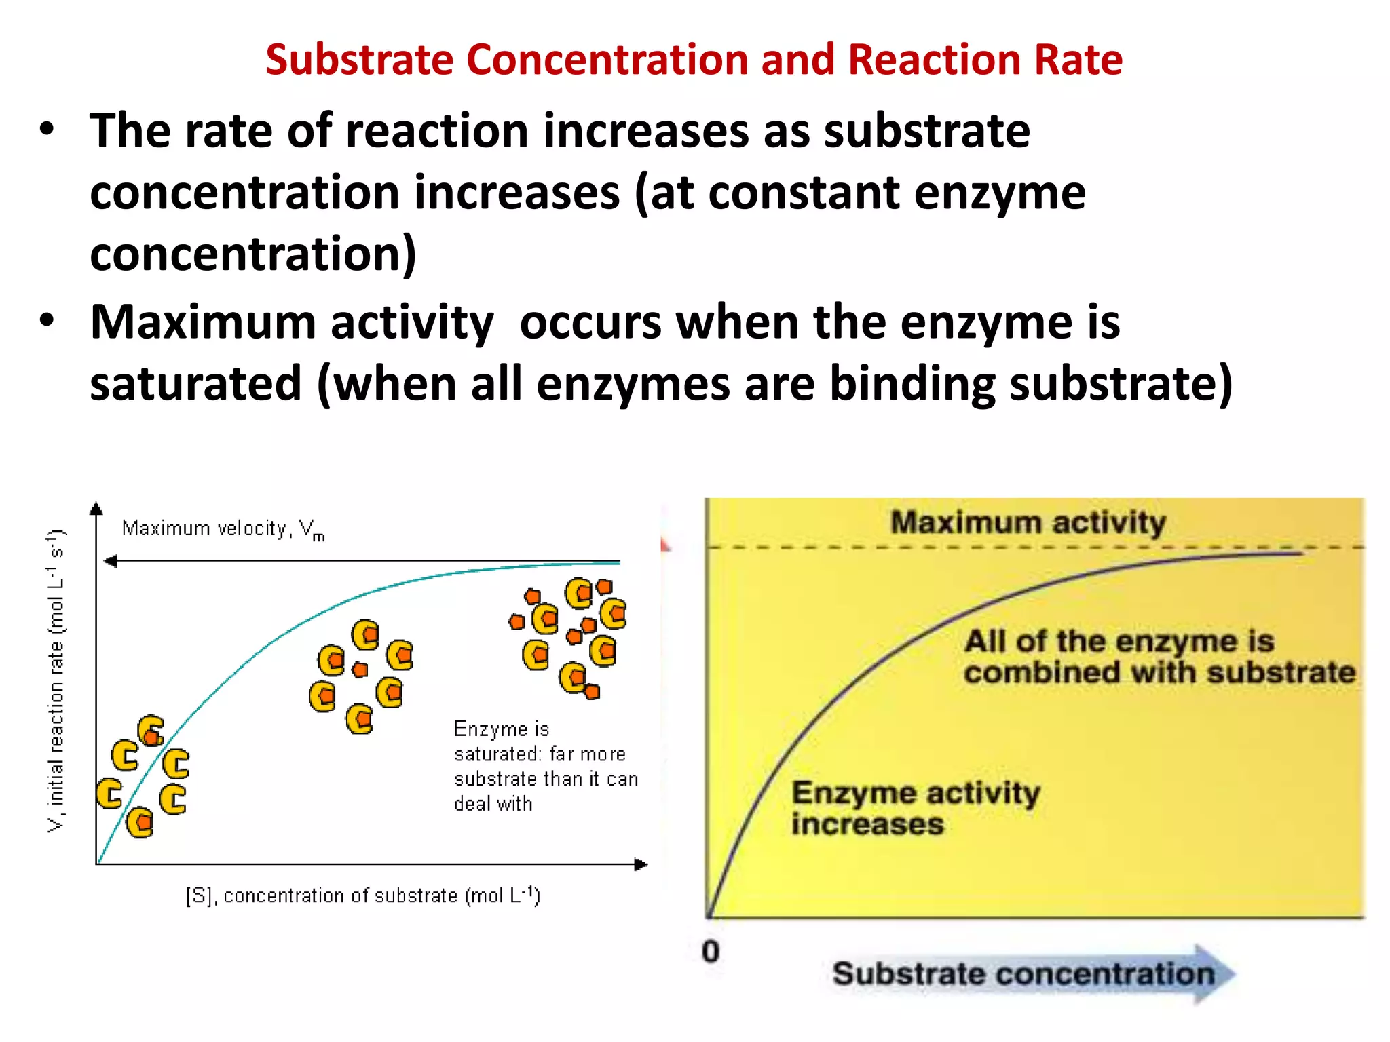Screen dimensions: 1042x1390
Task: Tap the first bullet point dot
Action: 46,130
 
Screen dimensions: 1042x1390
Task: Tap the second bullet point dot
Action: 46,320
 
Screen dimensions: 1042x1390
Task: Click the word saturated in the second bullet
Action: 195,383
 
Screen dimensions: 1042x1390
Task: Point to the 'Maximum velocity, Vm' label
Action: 223,529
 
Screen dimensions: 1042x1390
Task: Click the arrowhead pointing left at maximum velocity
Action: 111,561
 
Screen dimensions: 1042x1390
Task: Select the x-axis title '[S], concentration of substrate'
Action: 362,895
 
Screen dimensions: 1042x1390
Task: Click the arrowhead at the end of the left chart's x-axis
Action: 641,864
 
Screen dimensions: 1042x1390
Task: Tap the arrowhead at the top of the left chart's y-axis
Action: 96,509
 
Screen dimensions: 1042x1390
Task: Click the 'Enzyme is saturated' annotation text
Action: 545,766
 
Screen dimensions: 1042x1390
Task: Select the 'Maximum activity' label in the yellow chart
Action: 1028,522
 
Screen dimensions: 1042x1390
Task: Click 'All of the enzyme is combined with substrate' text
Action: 1159,657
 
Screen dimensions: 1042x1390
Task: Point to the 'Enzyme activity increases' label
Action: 915,808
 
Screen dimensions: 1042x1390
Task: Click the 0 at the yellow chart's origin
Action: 711,951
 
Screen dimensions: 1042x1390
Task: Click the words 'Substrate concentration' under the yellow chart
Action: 1023,974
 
